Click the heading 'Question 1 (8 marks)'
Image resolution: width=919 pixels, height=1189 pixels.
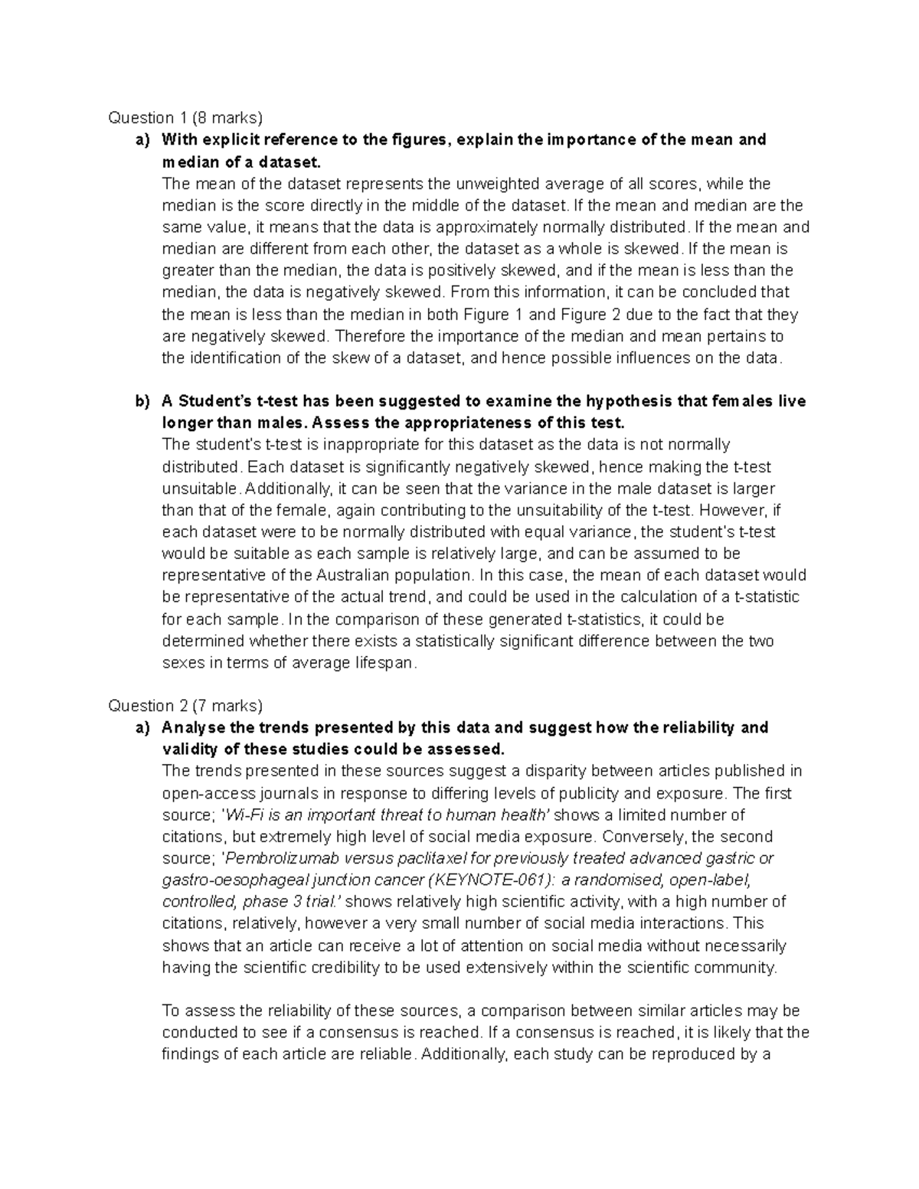[x=185, y=117]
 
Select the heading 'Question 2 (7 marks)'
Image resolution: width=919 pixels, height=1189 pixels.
[x=185, y=705]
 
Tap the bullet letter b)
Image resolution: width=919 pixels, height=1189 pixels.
[x=142, y=401]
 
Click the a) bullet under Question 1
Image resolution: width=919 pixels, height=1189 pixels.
[x=142, y=139]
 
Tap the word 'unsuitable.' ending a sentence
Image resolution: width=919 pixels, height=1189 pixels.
[x=201, y=488]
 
